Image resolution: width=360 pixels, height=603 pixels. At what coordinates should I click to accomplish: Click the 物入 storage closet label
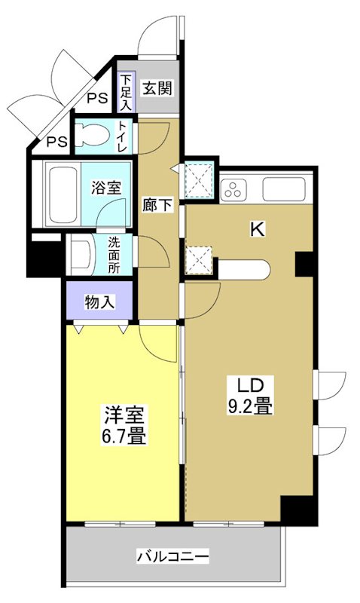99,301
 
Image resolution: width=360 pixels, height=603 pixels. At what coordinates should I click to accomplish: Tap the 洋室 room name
121,415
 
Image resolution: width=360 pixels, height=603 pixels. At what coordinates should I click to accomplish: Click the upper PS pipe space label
96,96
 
